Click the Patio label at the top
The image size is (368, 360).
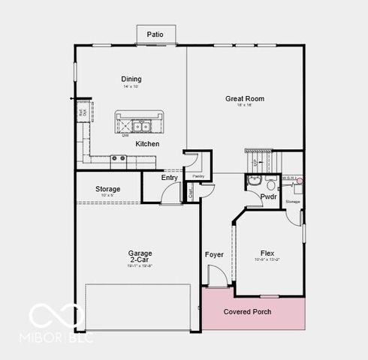(x=155, y=34)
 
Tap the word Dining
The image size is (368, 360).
(x=131, y=79)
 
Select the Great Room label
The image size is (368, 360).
(x=245, y=98)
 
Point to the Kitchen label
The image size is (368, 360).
(x=147, y=143)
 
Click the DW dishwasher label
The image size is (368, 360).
(x=125, y=136)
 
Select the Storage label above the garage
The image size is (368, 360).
(x=108, y=189)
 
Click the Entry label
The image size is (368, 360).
(x=170, y=178)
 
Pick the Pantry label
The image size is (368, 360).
(x=198, y=176)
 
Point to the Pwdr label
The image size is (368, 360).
(x=268, y=196)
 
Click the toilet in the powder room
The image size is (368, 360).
(x=271, y=184)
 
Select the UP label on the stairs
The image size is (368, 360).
(x=255, y=162)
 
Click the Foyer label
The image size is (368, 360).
(x=214, y=255)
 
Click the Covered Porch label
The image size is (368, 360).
(x=248, y=312)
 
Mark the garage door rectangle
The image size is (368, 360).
(x=137, y=307)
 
